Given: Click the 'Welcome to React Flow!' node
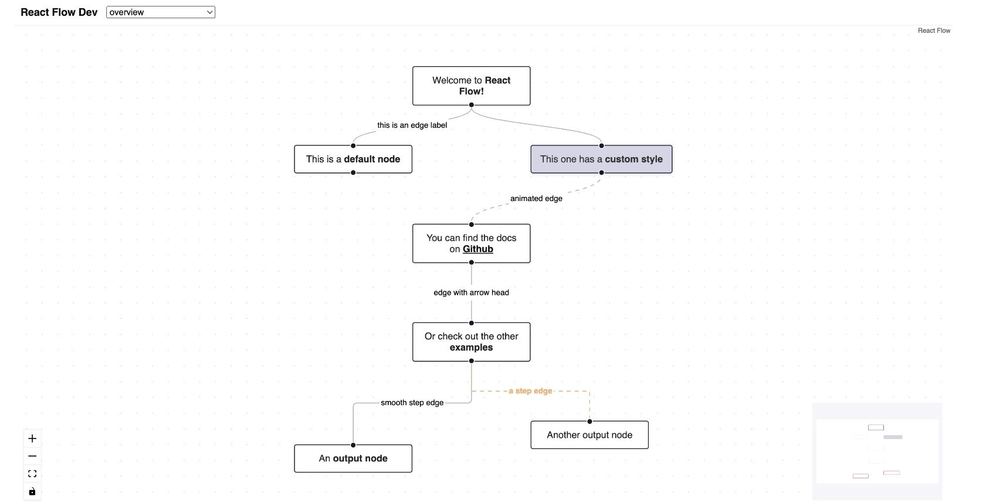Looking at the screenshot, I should point(471,86).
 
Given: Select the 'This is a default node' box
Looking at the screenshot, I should point(353,159).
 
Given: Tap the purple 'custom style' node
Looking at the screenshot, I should point(601,159).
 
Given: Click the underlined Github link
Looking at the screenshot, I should point(477,249).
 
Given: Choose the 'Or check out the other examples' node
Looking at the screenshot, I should point(471,342).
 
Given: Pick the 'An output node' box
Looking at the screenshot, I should point(353,458).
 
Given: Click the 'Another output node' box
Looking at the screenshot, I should point(589,435).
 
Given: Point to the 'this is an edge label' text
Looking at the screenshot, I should point(412,125).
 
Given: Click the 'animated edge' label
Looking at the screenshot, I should point(536,198).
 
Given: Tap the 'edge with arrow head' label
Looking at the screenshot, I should point(471,293).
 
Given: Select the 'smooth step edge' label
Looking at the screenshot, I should point(412,403).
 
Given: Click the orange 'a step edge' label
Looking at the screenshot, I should point(530,391).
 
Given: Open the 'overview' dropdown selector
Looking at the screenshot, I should point(160,12).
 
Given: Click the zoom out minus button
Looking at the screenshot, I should point(32,456).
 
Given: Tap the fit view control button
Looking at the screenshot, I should point(32,474).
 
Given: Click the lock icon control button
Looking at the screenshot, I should point(32,491).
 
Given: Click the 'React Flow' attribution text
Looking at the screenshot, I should point(933,30).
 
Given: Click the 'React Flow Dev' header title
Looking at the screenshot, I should point(59,12).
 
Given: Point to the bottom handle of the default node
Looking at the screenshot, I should point(353,173).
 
